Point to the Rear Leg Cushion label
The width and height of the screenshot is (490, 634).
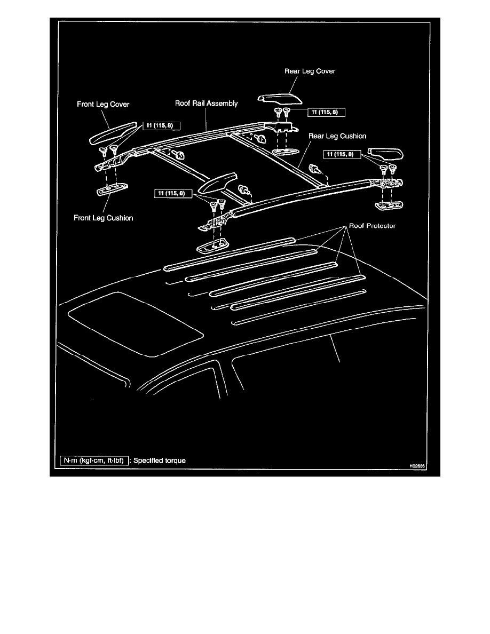337,136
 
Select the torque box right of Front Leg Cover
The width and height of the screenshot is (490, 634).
161,126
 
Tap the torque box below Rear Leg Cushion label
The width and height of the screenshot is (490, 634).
342,154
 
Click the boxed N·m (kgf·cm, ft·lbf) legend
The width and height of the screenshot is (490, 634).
93,460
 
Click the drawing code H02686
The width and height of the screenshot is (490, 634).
420,465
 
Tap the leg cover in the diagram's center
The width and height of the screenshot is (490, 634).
216,183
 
